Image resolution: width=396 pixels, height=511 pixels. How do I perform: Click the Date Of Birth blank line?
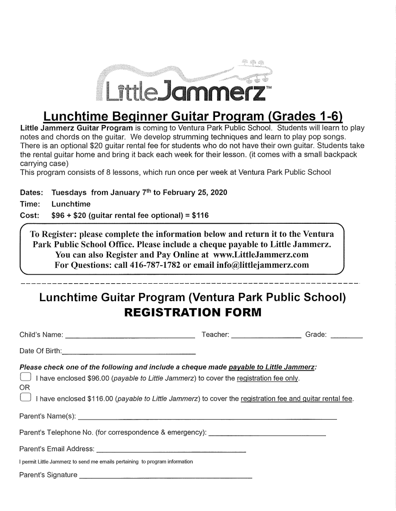coord(128,350)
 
